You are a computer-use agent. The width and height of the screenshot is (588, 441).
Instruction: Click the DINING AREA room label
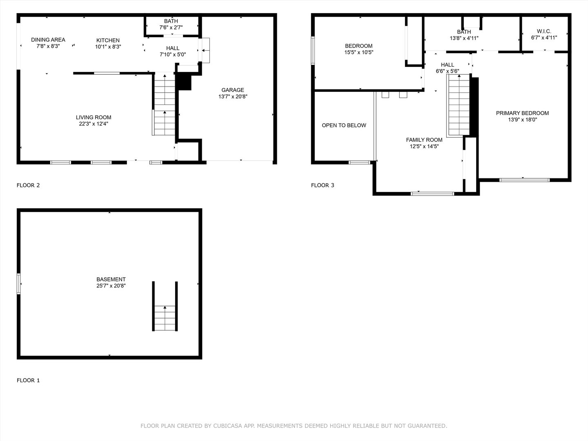coord(48,40)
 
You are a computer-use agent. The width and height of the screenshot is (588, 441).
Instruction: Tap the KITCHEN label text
coord(108,40)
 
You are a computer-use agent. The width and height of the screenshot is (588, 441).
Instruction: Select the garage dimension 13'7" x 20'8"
coord(233,97)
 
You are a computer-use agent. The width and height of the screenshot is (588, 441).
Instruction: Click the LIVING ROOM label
coord(94,117)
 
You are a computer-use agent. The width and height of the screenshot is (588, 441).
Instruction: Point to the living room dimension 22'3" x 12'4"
coord(94,124)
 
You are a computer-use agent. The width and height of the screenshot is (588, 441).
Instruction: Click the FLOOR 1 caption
coord(28,381)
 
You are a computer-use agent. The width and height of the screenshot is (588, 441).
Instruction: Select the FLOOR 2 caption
coord(28,185)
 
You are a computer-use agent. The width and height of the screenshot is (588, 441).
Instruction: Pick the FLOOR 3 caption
coord(323,185)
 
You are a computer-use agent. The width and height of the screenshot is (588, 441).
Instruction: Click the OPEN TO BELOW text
coord(344,125)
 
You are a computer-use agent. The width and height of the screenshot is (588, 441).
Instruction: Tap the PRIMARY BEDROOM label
coord(522,113)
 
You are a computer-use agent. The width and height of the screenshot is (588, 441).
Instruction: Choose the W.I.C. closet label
coord(544,31)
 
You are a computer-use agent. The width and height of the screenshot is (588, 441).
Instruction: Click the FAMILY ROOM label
coord(424,140)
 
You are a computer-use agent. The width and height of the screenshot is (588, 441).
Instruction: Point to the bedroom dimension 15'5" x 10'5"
coord(359,52)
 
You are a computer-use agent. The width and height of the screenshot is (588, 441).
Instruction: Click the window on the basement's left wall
coord(19,283)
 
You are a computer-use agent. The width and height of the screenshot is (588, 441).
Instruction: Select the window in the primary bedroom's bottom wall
coord(525,180)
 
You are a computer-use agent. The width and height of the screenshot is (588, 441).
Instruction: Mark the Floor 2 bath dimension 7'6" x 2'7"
coord(171,28)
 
